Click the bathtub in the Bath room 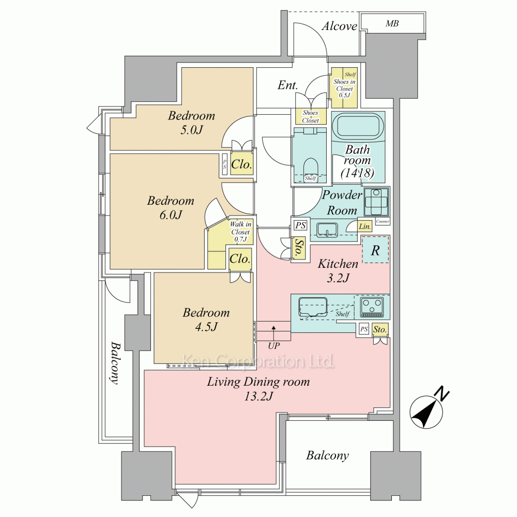358,127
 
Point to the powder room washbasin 327,230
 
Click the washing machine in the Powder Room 376,202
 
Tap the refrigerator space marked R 375,250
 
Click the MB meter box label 392,23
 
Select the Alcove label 339,26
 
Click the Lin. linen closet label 364,226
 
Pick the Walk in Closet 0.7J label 240,232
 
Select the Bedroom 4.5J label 206,319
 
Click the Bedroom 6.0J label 171,207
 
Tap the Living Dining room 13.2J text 258,388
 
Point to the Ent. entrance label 287,85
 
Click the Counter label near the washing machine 383,221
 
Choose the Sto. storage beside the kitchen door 298,248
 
